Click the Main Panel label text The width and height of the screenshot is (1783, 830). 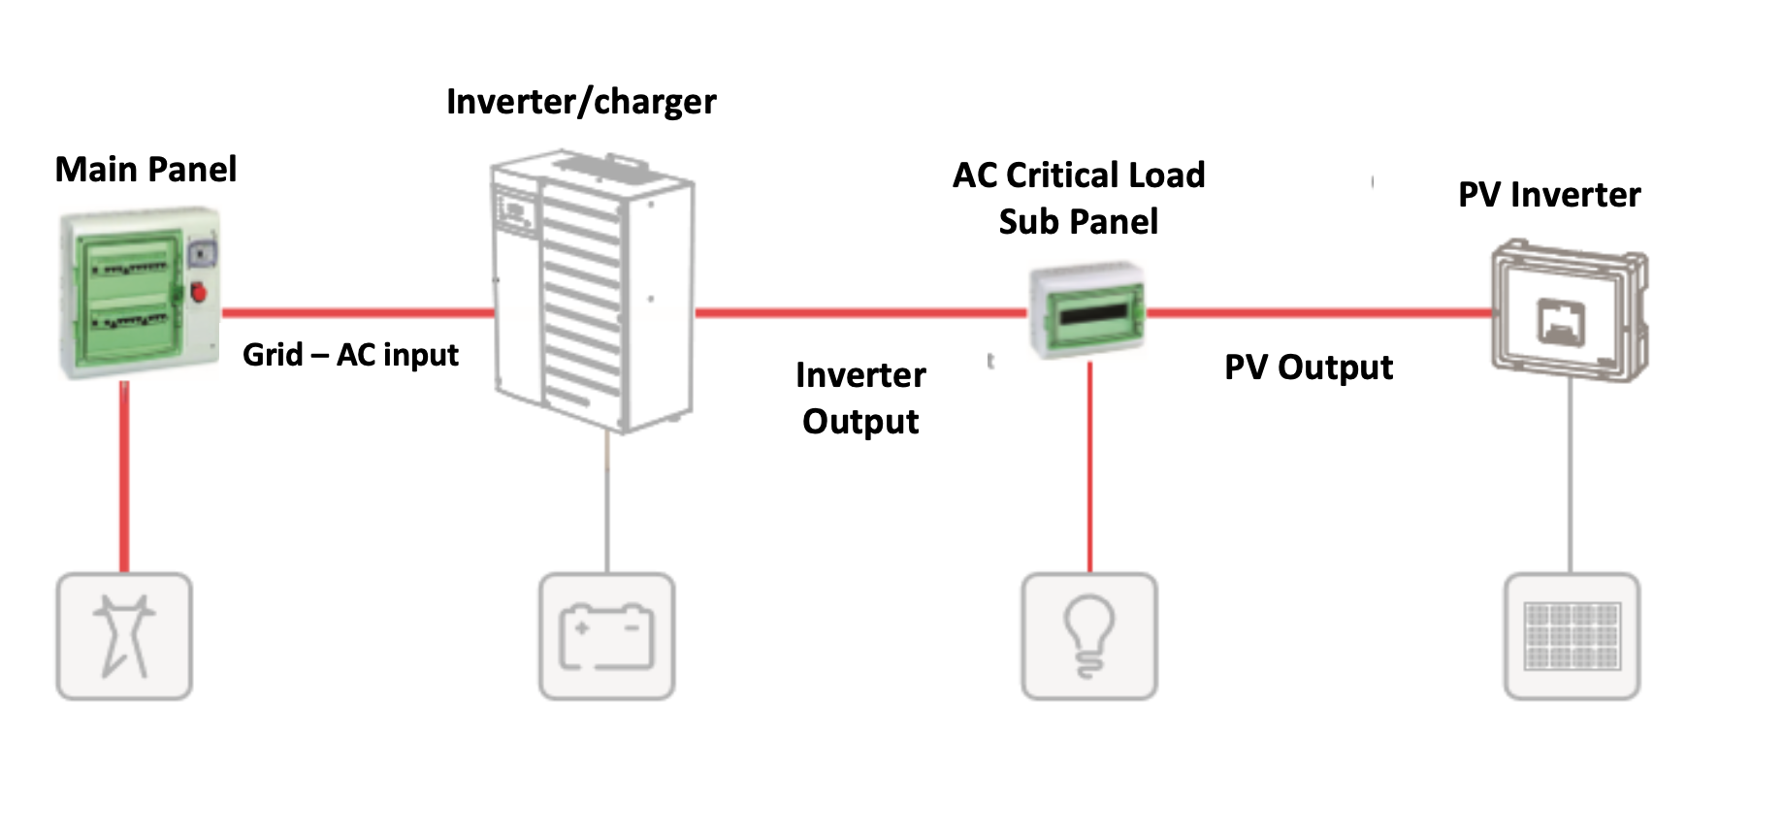146,170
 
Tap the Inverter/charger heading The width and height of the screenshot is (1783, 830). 581,102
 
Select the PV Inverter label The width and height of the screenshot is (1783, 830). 1549,195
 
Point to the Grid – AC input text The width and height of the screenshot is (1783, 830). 350,355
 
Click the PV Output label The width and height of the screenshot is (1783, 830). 1308,367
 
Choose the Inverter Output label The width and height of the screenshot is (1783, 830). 860,399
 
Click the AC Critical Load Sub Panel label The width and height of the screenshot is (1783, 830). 1079,199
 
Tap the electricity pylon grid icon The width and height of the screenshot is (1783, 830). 124,636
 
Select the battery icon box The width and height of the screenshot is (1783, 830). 607,636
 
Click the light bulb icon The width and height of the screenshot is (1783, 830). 1089,636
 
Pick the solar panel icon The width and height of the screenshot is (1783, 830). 1572,636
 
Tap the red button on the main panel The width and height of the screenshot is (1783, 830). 199,291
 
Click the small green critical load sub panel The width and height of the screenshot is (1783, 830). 1087,309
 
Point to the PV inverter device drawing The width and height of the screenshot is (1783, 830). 1568,310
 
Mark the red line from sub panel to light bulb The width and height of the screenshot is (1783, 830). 1089,465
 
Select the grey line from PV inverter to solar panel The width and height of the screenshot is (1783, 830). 1571,475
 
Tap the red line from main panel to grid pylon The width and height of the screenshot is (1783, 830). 124,475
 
